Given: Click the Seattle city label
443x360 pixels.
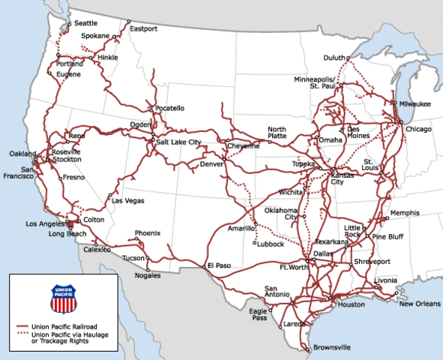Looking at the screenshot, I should coord(85,23).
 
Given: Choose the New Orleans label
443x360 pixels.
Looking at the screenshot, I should coord(416,303).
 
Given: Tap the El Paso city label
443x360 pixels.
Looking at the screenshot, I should coord(219,265).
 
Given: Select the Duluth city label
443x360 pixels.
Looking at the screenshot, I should coord(334,58).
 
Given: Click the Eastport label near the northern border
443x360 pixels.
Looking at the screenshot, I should coord(144,29).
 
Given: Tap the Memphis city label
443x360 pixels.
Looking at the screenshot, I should coord(406,213).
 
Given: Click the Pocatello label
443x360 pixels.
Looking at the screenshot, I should coord(170,108).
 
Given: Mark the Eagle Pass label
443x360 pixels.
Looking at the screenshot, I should coord(259,314).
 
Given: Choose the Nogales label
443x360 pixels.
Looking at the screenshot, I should coord(149,276).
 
